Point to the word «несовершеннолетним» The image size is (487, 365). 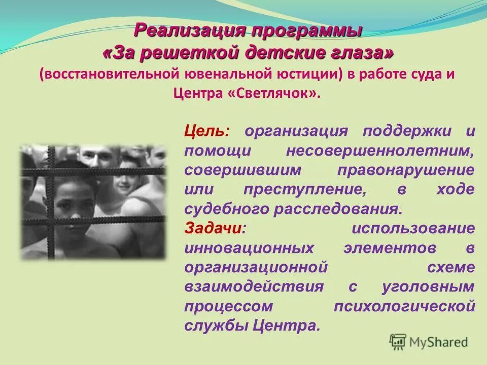[x=380, y=151]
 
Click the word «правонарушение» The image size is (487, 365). [x=406, y=170]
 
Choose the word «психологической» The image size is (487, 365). [x=404, y=306]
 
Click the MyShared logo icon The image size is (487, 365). [x=398, y=342]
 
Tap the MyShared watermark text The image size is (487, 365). [x=439, y=343]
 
